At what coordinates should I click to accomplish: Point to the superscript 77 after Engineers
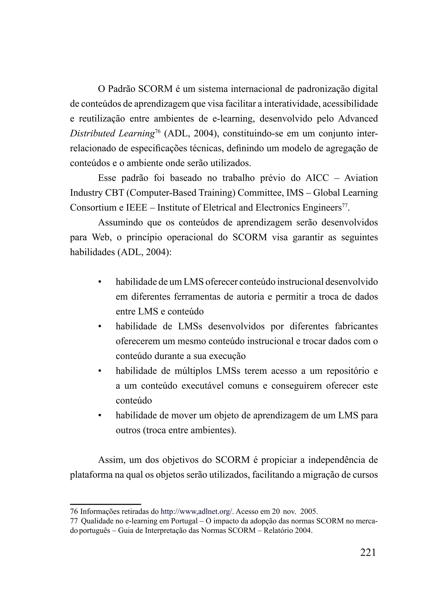[x=345, y=205]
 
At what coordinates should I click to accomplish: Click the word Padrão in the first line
[x=122, y=89]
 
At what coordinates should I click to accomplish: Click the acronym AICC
[x=317, y=178]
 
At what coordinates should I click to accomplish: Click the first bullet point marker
[x=100, y=283]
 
